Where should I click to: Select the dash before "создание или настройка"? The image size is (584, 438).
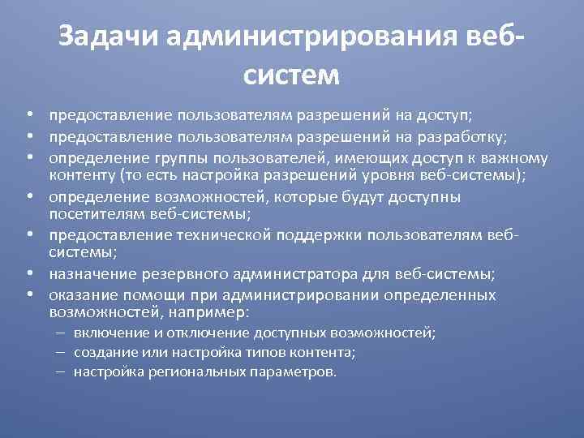coord(61,352)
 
